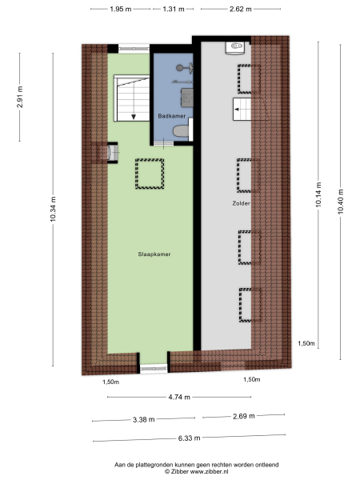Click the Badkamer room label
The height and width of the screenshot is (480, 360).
173,117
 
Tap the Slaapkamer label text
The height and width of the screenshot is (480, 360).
155,254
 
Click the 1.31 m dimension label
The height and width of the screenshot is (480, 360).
174,9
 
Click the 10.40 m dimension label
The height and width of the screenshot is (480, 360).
340,199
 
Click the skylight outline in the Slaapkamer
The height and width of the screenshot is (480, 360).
150,174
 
